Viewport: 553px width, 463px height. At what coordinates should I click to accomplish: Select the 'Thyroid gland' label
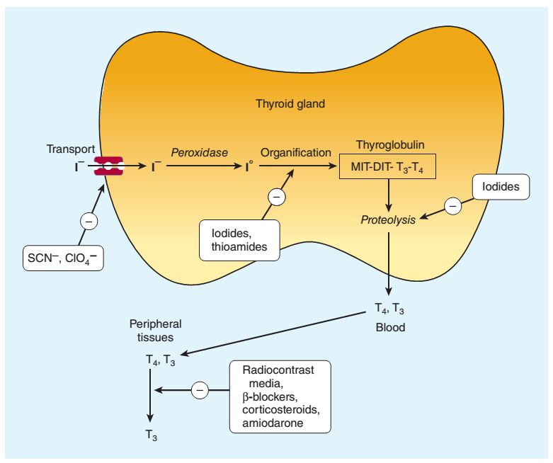point(290,104)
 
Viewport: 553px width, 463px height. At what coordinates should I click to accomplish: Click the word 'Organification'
point(295,152)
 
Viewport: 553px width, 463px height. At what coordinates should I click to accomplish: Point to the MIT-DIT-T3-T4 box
point(388,168)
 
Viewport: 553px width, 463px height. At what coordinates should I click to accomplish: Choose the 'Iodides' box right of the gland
point(501,188)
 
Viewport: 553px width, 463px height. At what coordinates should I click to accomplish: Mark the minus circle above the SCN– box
point(89,222)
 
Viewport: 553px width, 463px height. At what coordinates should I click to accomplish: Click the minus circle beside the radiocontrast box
point(200,389)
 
